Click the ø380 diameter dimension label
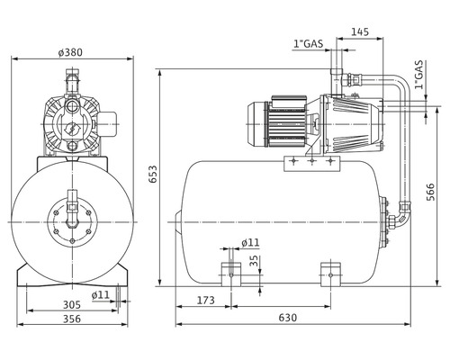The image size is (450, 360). tap(70, 52)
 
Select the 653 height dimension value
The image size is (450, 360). tap(153, 175)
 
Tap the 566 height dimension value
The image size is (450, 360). tap(430, 192)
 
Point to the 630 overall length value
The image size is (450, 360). tap(288, 317)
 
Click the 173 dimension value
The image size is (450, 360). tap(206, 300)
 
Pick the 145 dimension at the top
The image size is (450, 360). tap(360, 31)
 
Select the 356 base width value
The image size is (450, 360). tap(72, 319)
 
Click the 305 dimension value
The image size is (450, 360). tap(72, 305)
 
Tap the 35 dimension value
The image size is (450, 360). tap(254, 261)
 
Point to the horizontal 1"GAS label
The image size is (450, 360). tap(309, 44)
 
